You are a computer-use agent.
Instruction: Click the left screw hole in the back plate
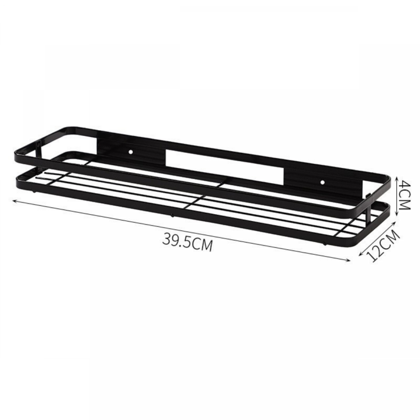point(131,152)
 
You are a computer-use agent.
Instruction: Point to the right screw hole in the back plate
point(322,182)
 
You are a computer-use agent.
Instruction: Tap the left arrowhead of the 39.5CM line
point(14,200)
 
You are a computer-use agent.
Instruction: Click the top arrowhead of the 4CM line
point(397,176)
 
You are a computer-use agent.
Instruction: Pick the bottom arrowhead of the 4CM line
point(397,213)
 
